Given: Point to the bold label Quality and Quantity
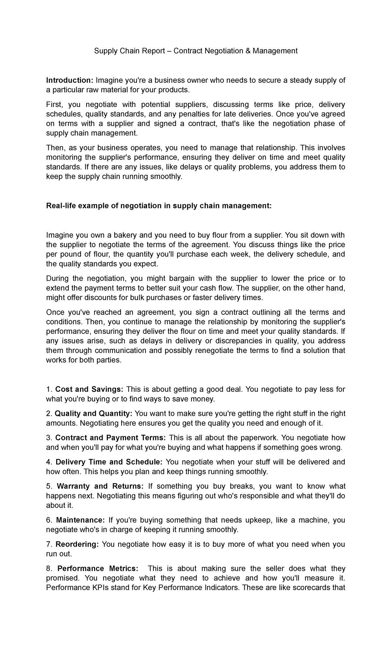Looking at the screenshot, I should [x=93, y=414].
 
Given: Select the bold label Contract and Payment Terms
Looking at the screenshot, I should [x=111, y=438].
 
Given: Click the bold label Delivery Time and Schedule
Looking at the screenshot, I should [x=109, y=462].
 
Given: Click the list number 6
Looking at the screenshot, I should [x=49, y=520].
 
